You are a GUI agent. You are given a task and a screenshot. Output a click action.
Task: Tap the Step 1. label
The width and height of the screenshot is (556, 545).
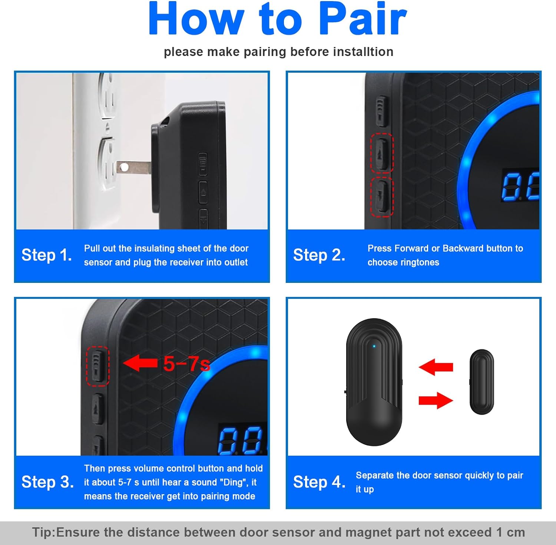47,255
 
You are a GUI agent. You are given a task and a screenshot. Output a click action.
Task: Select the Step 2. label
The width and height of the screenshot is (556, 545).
319,255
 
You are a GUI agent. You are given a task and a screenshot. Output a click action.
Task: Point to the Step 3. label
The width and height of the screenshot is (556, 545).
47,482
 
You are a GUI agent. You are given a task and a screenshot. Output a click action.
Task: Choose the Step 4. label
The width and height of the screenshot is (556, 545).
320,482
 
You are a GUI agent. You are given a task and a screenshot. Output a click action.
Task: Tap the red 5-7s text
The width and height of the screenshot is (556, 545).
187,364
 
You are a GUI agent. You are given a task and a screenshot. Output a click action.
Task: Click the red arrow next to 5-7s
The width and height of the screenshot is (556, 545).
140,363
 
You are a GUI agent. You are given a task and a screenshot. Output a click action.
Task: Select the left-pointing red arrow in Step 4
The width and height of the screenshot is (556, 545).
436,367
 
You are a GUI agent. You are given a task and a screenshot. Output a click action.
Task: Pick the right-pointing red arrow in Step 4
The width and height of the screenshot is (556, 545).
436,400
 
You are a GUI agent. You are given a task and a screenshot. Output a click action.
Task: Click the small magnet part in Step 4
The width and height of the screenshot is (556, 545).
482,381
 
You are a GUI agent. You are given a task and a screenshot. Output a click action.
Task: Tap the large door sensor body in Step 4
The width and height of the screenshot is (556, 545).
374,382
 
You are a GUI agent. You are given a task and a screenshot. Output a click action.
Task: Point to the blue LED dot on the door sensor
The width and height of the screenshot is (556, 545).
374,346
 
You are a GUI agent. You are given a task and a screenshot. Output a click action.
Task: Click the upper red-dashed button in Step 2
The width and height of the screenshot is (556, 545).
382,153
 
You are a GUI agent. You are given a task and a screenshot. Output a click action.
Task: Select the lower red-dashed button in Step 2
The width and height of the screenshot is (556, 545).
382,197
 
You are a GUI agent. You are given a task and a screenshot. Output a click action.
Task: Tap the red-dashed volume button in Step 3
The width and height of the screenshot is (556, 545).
98,366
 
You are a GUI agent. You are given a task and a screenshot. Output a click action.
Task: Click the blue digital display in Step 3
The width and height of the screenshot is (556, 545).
242,440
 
